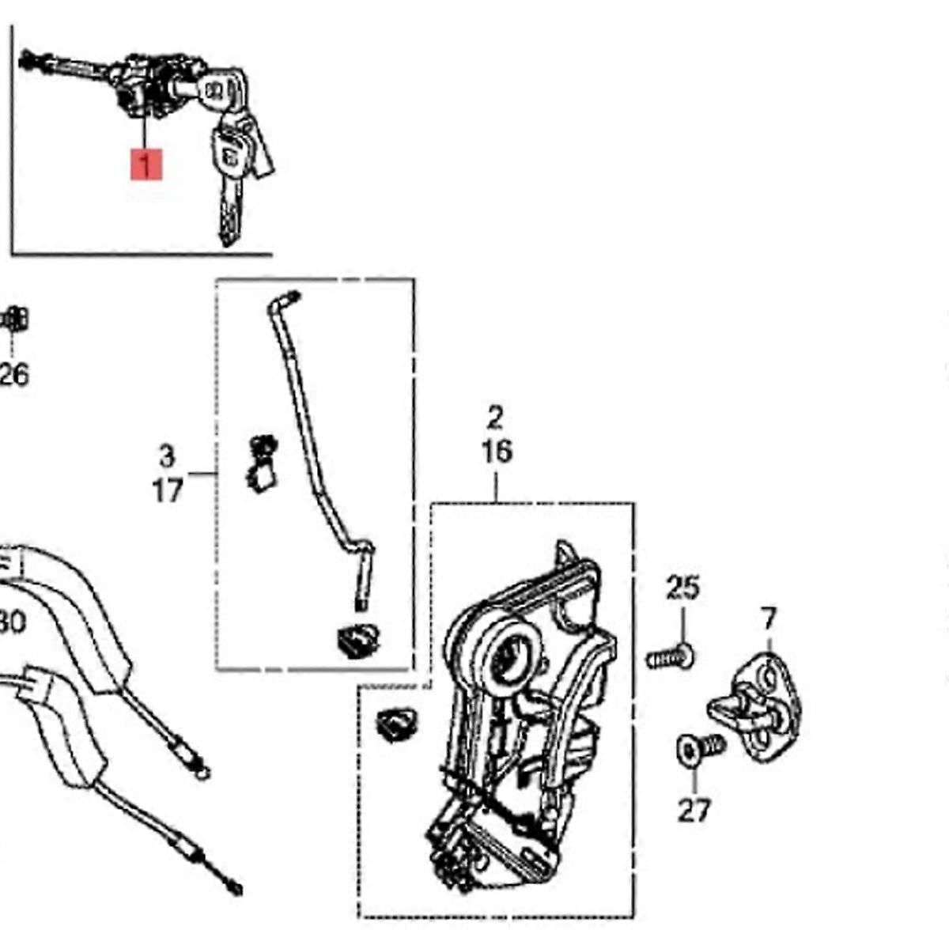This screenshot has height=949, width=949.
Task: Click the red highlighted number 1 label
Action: [146, 165]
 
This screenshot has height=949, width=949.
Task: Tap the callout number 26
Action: [14, 374]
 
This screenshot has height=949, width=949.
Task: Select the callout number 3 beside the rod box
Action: [167, 456]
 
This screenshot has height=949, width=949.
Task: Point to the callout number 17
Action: [167, 490]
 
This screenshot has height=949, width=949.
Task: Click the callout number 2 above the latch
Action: [496, 417]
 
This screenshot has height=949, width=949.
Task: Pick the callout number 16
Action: [497, 452]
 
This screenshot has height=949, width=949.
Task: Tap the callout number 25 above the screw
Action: [682, 588]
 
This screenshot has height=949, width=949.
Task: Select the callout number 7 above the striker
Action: [769, 618]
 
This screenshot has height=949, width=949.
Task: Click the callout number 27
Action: [694, 810]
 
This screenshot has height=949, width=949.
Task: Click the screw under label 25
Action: [670, 657]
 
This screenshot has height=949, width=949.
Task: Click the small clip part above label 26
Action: [14, 320]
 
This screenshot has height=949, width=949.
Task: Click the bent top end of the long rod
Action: [285, 301]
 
